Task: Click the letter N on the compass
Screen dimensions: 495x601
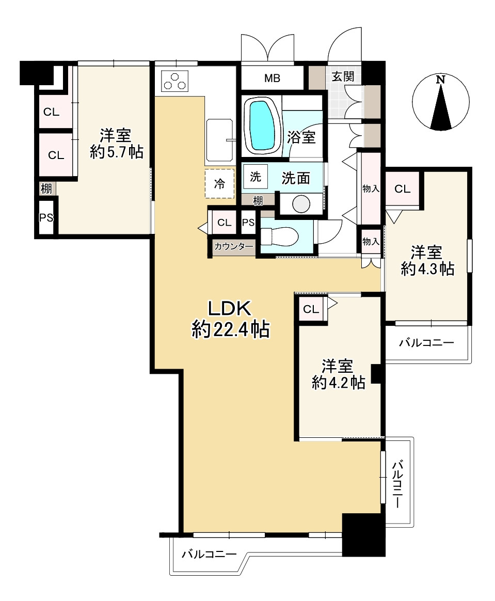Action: [x=441, y=80]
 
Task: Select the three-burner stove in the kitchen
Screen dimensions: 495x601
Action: [x=175, y=81]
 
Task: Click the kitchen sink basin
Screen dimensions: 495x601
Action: [x=219, y=139]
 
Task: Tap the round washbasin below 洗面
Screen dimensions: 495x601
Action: [x=301, y=204]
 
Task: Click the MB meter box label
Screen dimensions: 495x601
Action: [x=272, y=78]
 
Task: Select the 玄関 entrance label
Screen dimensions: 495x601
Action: [x=343, y=76]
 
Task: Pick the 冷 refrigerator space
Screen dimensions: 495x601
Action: [x=219, y=184]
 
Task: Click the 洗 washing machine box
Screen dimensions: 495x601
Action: [x=256, y=177]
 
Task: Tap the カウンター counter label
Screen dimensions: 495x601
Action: [x=234, y=246]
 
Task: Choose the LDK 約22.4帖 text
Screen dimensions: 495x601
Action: [x=230, y=319]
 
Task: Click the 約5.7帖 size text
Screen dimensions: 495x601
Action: [x=117, y=152]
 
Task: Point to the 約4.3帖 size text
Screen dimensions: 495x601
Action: [x=427, y=269]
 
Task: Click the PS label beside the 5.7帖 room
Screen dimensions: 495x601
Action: [x=46, y=218]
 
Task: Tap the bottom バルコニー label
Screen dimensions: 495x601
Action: [x=209, y=554]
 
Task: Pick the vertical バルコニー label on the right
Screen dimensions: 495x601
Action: [x=397, y=484]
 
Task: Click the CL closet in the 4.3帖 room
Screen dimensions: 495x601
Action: [x=403, y=188]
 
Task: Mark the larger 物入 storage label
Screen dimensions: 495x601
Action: [x=371, y=188]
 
